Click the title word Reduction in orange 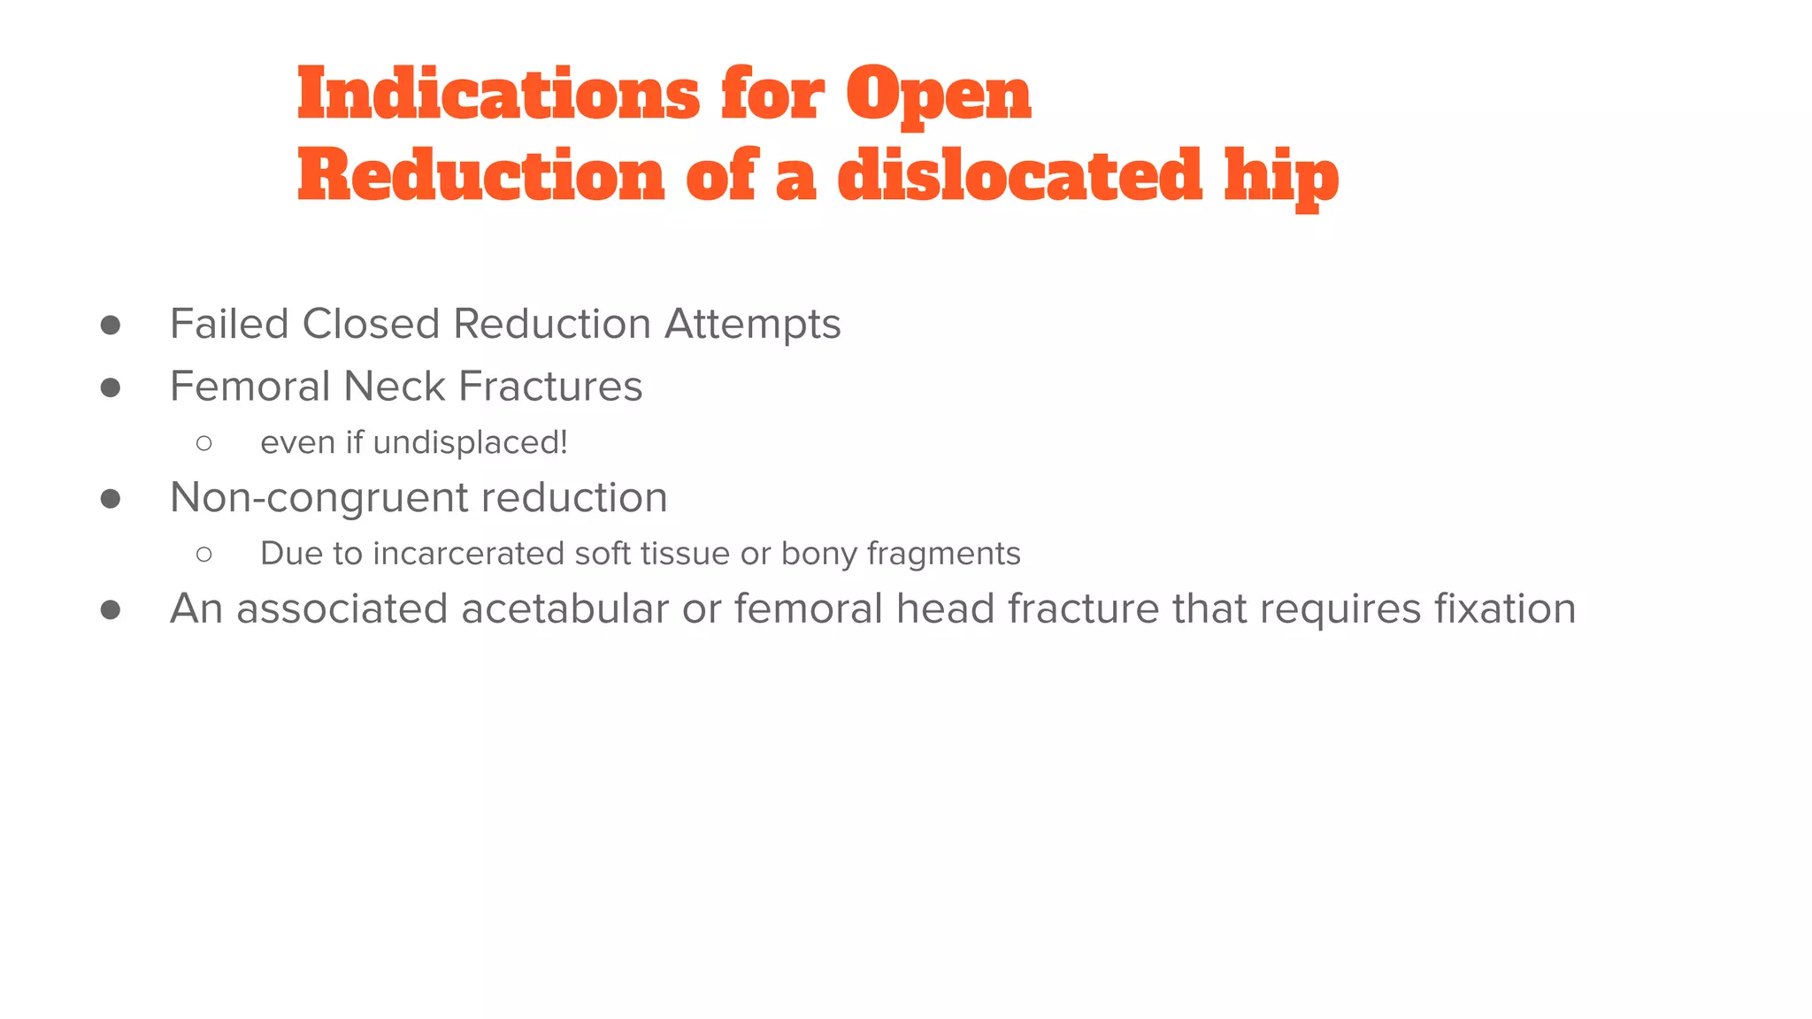point(480,175)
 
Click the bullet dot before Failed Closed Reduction point(111,325)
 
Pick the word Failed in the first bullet point(229,324)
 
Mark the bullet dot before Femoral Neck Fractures point(111,387)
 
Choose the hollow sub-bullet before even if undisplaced point(204,443)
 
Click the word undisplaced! point(470,443)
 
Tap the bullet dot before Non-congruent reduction point(111,499)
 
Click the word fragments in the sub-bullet point(943,555)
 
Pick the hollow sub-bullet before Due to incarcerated point(204,555)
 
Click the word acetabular point(564,609)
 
